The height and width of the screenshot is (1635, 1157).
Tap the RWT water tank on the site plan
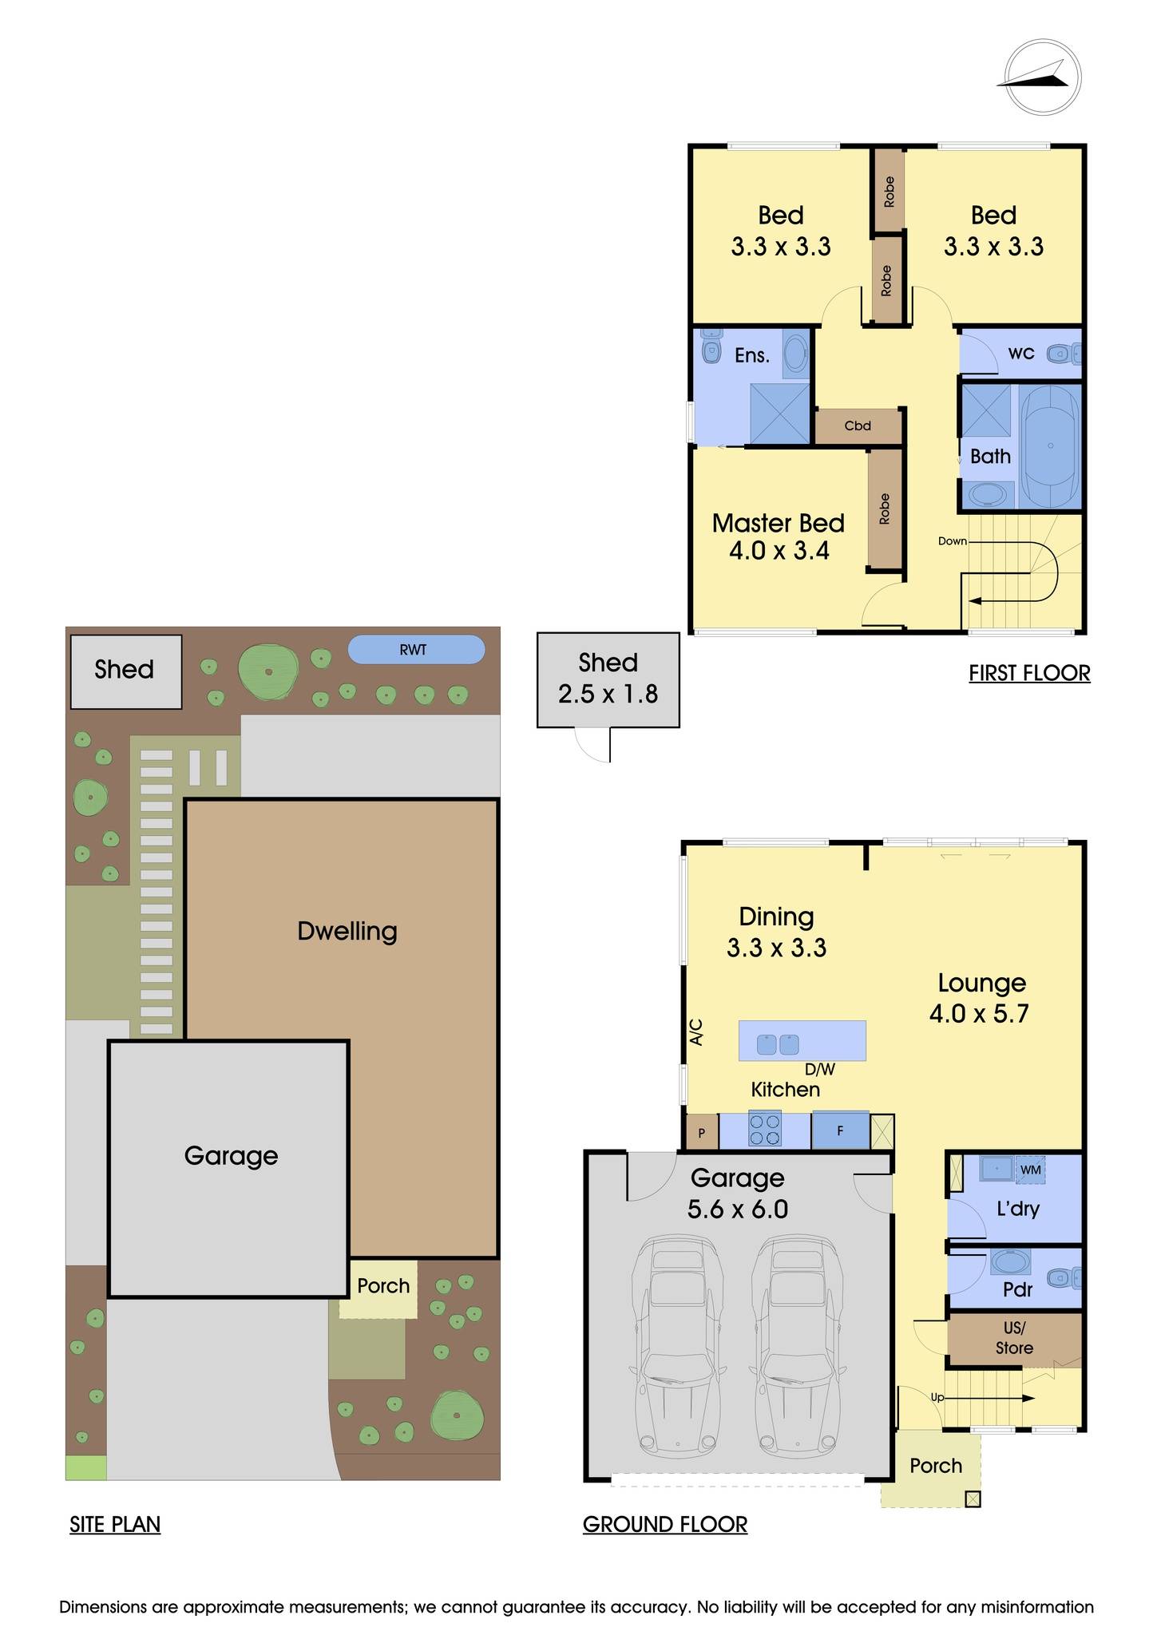[x=416, y=650]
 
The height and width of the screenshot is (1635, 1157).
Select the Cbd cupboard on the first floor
[x=858, y=426]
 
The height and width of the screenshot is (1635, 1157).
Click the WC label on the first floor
[x=1021, y=353]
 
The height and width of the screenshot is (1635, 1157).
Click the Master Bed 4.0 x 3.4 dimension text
[x=779, y=550]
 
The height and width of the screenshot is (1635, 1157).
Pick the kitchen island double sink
[x=778, y=1043]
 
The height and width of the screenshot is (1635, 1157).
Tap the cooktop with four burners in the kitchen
[x=765, y=1130]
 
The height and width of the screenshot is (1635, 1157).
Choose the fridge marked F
[x=840, y=1130]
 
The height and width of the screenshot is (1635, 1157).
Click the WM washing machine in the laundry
[x=1030, y=1170]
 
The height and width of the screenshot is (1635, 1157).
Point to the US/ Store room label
[x=1014, y=1338]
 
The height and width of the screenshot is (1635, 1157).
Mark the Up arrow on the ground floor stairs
[x=990, y=1398]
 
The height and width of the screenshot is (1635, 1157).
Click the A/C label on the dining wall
[x=695, y=1031]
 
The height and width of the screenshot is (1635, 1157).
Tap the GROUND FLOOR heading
[x=665, y=1524]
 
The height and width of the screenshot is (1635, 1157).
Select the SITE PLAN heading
[x=115, y=1524]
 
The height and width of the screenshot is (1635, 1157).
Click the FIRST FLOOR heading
[x=1029, y=673]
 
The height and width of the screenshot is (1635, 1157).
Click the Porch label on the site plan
[x=383, y=1285]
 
